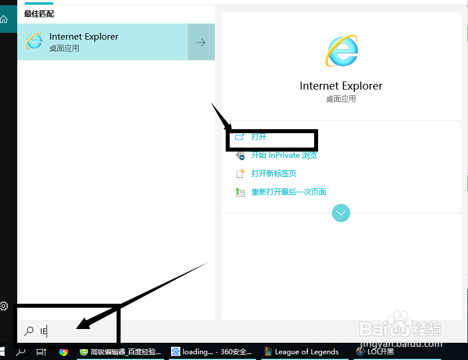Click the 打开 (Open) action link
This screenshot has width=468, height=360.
coord(258,137)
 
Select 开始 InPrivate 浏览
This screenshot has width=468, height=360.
coord(284,155)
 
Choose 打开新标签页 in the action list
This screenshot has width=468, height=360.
coord(273,173)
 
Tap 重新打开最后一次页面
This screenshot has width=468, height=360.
coord(288,192)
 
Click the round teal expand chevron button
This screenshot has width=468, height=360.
coord(341,213)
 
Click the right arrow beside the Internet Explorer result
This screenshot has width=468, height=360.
coord(201,42)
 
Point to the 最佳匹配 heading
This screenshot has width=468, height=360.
coord(39,13)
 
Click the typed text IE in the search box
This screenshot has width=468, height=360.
coord(43,331)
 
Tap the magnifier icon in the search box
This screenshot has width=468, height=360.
coord(28,331)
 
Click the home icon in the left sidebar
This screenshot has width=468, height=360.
coord(4,20)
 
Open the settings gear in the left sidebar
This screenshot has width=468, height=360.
coord(3,305)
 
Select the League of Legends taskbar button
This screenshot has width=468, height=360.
coord(301,351)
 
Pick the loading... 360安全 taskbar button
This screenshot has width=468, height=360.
coord(211,351)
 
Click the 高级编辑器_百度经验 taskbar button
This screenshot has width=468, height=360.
coord(120,351)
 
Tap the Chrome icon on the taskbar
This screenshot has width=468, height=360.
coord(64,351)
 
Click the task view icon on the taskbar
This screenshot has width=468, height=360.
coord(41,351)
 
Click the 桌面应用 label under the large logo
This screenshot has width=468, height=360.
coord(341,99)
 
